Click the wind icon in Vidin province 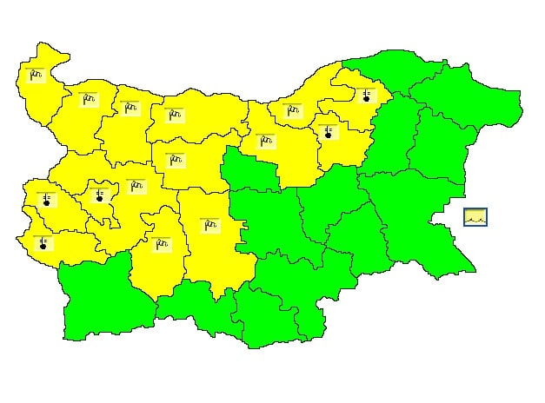pos(36,75)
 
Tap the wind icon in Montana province pos(88,99)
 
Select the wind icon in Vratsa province pos(130,108)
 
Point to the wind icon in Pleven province pos(174,115)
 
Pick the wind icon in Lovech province pos(176,160)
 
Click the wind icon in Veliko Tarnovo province pos(265,140)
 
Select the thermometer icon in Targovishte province pos(328,132)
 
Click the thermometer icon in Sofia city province pos(100,195)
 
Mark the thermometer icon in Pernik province pos(46,199)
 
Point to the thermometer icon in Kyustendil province pos(43,243)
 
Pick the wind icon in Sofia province pos(136,186)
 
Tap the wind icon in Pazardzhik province pos(161,243)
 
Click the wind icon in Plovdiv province pos(209,226)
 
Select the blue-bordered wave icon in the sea pos(475,217)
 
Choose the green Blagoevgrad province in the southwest pos(96,300)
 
